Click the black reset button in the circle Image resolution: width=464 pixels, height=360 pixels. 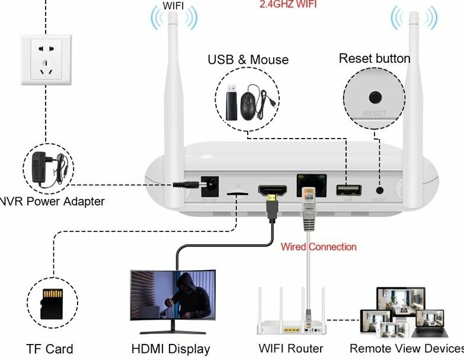coord(375,97)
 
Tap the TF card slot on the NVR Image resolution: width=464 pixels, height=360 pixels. coord(238,193)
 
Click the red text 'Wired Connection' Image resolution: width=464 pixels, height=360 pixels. coord(318,246)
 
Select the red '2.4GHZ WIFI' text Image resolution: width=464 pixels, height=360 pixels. coord(288,4)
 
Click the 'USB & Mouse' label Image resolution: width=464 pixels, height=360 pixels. coord(248,60)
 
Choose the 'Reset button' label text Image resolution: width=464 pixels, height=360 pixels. coord(374,58)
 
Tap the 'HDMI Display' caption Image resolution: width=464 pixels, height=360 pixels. coord(171,349)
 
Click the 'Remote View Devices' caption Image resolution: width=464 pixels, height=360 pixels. coord(407,348)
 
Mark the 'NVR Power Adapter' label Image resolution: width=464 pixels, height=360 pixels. coord(52,201)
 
